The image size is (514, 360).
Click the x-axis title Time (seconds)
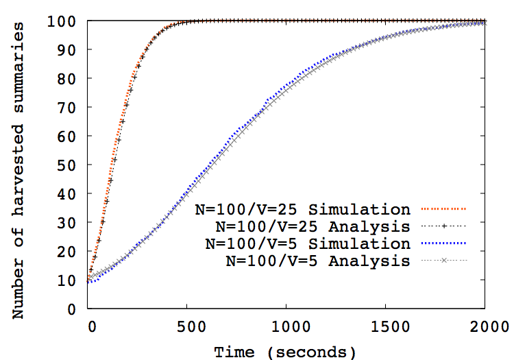click(x=285, y=351)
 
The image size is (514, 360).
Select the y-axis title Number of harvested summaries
click(x=20, y=170)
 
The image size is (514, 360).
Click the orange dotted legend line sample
click(x=443, y=208)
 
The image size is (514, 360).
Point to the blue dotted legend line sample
click(x=443, y=243)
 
